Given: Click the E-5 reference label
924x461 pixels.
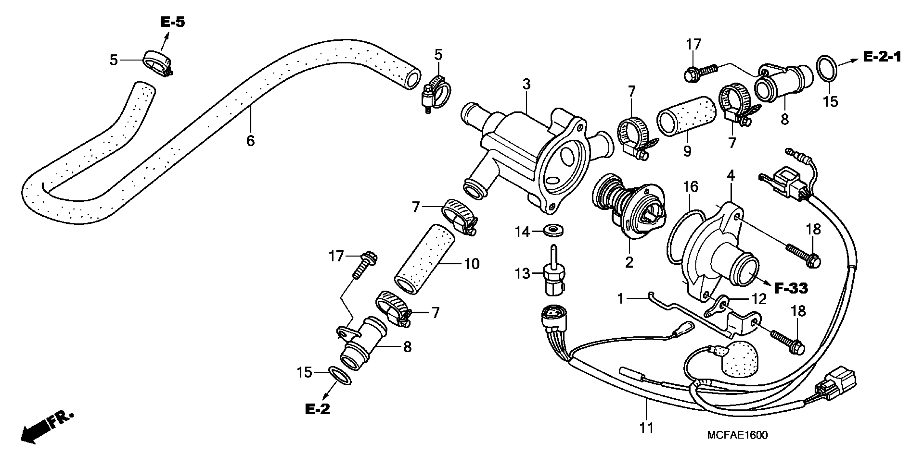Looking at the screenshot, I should click(172, 22).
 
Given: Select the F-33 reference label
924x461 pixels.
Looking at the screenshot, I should click(791, 288).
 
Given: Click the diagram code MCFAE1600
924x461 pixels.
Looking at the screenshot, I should click(737, 435).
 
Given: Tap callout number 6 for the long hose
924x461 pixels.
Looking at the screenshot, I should click(250, 141).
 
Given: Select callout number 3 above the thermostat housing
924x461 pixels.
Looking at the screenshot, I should click(526, 85).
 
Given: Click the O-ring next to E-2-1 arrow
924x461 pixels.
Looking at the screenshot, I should click(827, 67).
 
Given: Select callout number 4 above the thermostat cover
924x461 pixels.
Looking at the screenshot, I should click(731, 175).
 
